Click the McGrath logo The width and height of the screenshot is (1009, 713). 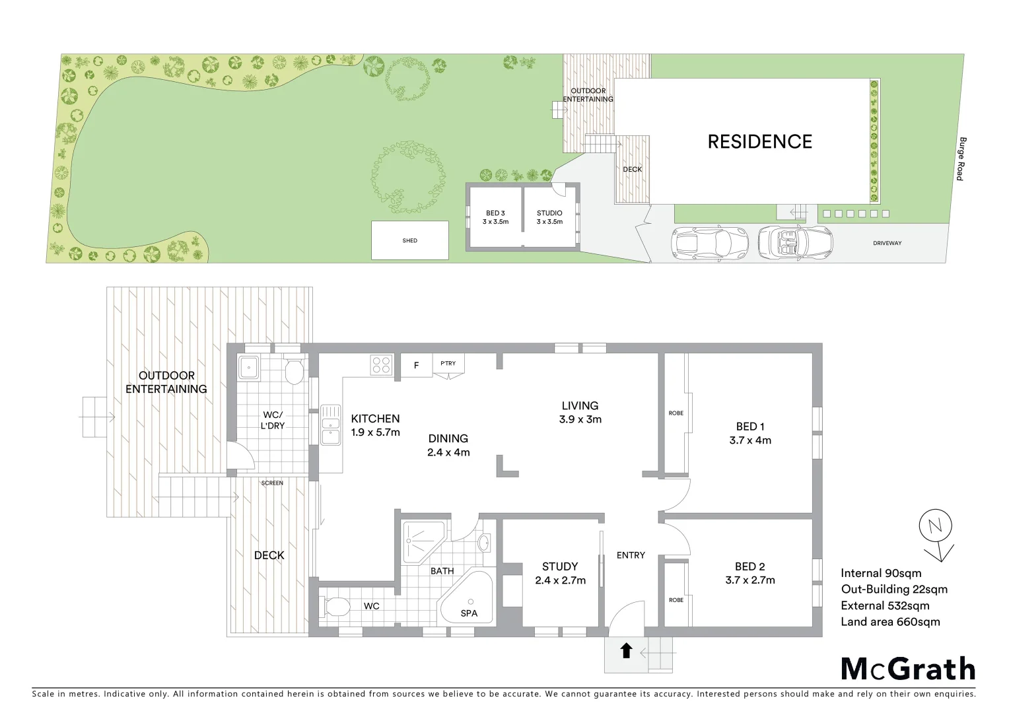coord(908,669)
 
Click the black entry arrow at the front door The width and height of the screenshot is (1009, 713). coord(626,651)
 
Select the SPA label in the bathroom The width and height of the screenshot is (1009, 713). coord(469,613)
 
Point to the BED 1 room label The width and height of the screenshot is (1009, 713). coord(750,426)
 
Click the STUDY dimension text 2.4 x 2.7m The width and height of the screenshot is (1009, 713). coord(560,580)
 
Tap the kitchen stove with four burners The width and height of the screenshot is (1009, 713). coord(381,364)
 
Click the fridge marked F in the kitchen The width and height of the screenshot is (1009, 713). coord(416,365)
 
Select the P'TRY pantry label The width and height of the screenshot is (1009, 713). coord(448,363)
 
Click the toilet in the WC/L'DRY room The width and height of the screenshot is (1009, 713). coord(294,371)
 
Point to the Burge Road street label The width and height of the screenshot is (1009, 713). coord(961,158)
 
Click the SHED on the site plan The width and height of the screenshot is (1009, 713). coord(410,240)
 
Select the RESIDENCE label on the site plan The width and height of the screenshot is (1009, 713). coord(759,141)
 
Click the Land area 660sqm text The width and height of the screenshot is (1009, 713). coord(890,621)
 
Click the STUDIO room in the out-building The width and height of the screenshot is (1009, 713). coord(549,217)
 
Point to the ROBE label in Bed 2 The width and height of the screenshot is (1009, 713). coord(676,600)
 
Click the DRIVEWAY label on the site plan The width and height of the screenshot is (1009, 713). coord(887,243)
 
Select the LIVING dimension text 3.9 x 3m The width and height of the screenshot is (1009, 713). coord(580,419)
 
